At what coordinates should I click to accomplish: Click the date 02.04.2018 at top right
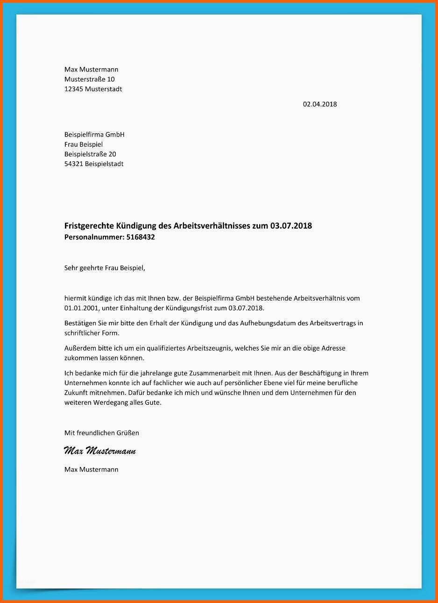319,104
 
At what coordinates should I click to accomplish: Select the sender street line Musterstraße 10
89,79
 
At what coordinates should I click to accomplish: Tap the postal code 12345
74,89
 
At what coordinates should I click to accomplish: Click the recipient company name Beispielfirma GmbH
94,135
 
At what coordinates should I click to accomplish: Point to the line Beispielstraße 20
90,154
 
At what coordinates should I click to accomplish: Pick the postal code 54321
74,164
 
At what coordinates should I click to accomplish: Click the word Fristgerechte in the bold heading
87,226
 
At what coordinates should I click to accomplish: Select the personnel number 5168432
141,237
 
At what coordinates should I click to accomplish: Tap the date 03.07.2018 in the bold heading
291,226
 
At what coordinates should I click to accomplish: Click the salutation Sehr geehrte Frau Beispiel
105,268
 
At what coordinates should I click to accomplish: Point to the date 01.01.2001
81,308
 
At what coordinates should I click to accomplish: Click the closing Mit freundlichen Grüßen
101,433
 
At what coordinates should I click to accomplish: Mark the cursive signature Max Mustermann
99,451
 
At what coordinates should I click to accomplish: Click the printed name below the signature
91,469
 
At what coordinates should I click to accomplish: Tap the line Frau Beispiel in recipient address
83,144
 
